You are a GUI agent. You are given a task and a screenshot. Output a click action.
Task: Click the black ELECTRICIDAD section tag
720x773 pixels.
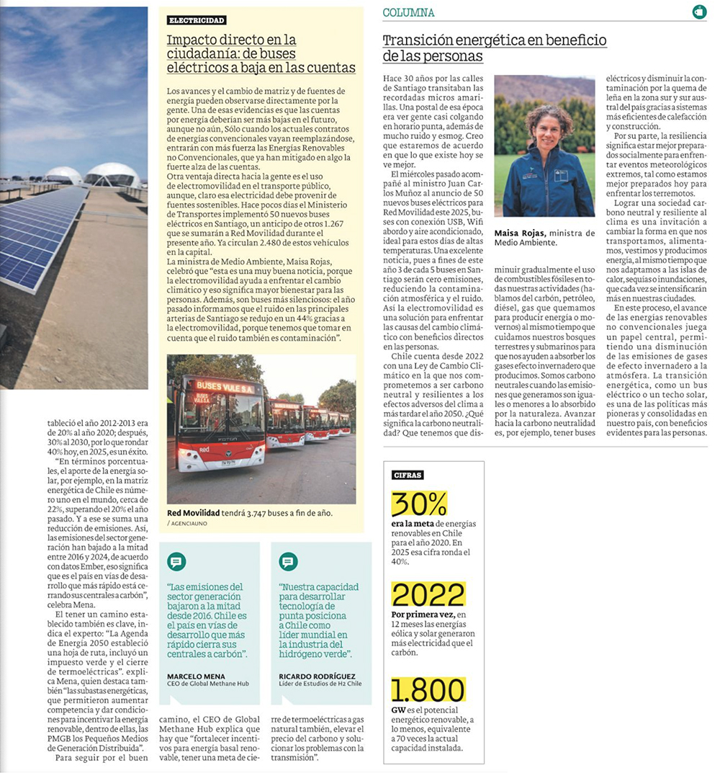click(197, 20)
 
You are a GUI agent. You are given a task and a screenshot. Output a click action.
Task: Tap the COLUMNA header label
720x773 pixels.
click(408, 12)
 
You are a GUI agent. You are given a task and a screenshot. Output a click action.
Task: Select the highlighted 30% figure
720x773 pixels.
click(418, 504)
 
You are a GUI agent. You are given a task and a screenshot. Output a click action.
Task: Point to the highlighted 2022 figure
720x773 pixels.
click(428, 595)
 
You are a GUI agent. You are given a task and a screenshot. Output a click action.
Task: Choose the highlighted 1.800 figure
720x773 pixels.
click(428, 690)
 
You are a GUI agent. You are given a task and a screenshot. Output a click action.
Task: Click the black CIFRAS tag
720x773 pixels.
click(408, 475)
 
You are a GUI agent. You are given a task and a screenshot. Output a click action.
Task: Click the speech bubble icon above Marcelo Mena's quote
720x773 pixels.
click(176, 562)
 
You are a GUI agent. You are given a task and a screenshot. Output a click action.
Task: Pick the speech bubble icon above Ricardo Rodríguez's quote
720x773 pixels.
click(288, 562)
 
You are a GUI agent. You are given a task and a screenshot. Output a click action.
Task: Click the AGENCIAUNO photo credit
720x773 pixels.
click(186, 523)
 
